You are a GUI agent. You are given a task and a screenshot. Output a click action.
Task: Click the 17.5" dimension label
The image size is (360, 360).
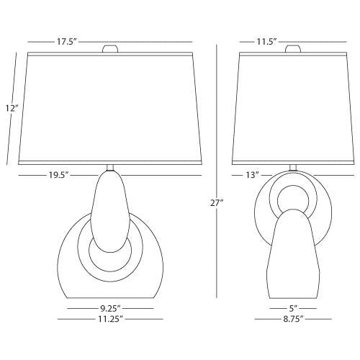66,42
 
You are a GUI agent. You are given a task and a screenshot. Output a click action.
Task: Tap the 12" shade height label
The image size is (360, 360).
12,108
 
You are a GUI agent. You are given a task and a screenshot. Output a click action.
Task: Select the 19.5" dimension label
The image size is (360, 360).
59,175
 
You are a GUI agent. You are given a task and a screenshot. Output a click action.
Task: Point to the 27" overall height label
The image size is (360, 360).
217,203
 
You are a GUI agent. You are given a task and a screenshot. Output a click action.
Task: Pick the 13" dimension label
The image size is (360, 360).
252,175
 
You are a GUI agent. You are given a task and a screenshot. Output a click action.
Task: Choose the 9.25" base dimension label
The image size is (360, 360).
110,307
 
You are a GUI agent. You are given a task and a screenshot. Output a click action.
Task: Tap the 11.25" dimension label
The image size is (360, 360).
110,319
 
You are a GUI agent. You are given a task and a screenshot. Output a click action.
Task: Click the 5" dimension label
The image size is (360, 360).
293,307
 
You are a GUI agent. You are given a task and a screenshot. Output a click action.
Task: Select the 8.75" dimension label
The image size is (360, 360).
293,319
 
